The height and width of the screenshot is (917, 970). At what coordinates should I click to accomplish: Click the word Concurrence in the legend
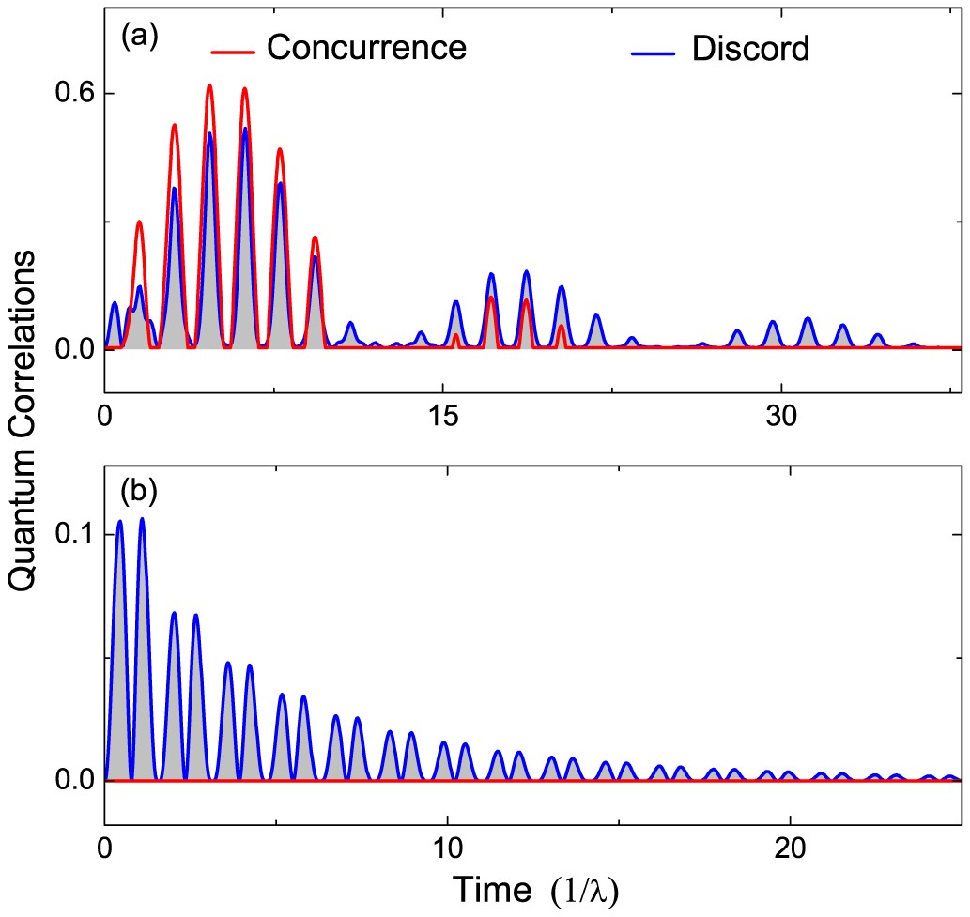(x=366, y=47)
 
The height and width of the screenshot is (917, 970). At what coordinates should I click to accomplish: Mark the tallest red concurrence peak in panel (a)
(x=209, y=85)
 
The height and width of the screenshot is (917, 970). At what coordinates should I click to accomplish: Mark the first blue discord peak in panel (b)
(x=119, y=520)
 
